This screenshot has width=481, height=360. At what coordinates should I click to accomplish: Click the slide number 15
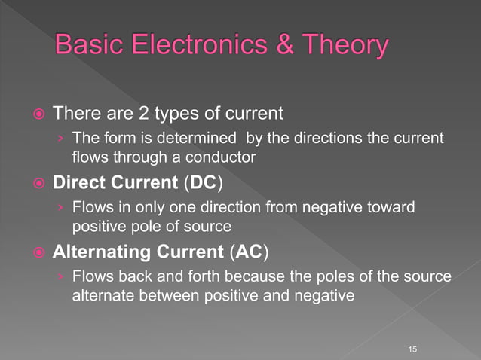pyautogui.click(x=412, y=349)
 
